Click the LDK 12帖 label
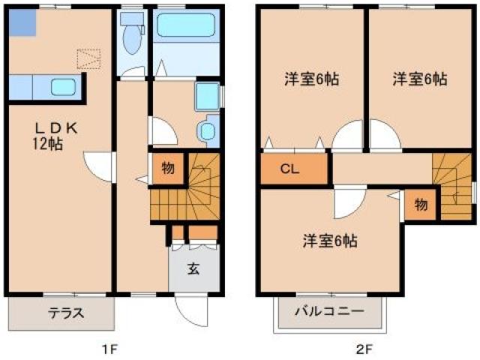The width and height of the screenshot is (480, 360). click(46, 136)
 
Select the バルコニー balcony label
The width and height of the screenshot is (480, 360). click(328, 310)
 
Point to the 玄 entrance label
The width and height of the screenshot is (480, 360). click(193, 268)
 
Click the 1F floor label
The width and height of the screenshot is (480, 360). click(110, 348)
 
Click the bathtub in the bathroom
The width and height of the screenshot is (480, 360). click(186, 27)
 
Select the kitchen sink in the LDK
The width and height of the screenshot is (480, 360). click(63, 87)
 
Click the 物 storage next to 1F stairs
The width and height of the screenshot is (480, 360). click(167, 168)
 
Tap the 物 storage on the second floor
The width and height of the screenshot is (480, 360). click(421, 204)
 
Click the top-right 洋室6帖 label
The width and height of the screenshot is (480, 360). click(421, 79)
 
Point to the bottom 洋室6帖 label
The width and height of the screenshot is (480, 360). click(330, 241)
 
